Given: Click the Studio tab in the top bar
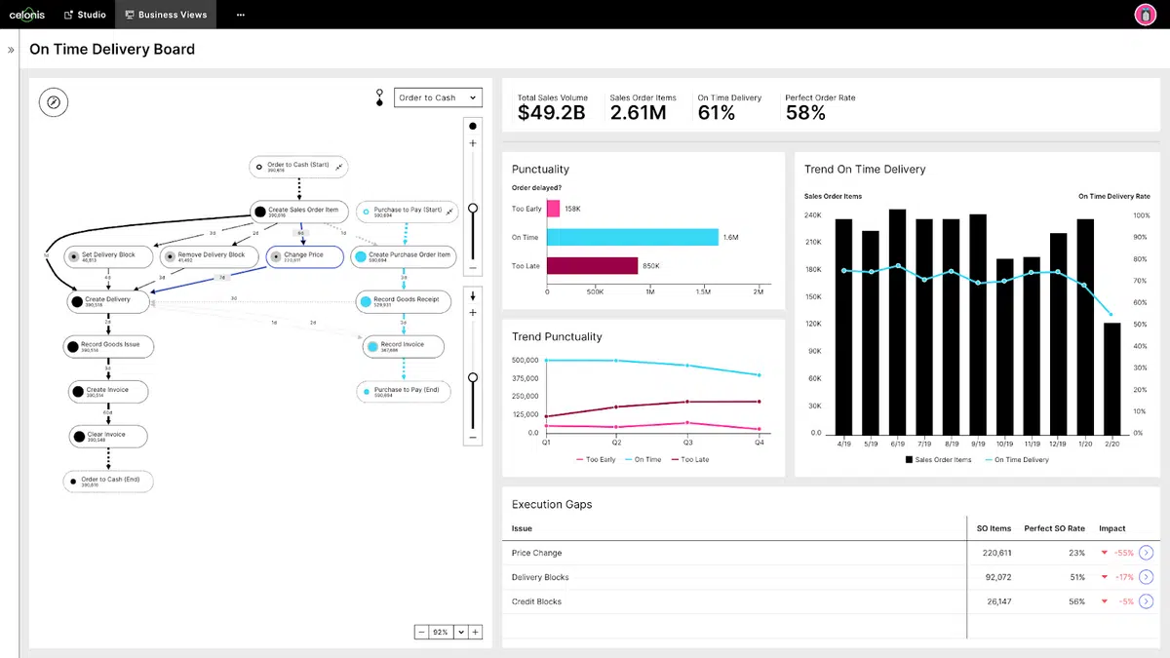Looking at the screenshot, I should coord(85,15).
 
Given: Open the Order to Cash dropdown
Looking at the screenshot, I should coord(438,97).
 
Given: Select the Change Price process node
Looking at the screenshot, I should coord(304,256).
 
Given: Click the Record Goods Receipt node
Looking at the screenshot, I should coord(403,301).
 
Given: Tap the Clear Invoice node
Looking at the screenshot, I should coord(108,437).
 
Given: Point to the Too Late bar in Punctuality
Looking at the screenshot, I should coord(592,265).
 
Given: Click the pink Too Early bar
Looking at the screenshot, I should coord(553,209).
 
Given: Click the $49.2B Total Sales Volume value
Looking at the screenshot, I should coord(552,112).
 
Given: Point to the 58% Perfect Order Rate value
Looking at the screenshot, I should coord(805,112).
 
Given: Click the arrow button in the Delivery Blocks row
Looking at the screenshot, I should coord(1146,577).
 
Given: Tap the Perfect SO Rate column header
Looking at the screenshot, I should coord(1054,528).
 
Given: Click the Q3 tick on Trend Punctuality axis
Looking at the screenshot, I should coord(688,443).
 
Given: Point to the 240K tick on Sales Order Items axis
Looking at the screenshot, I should coord(813,215).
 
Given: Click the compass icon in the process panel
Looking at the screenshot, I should coord(54,101).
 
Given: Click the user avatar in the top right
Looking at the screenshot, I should coord(1146,15).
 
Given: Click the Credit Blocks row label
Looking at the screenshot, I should coord(536,601).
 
